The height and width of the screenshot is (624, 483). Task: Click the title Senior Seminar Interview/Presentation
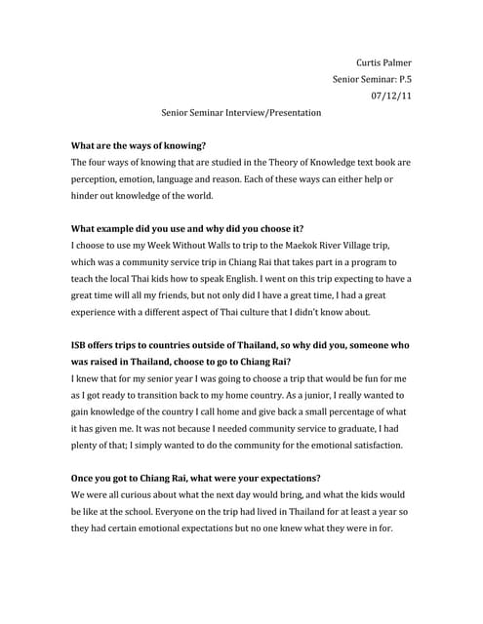[x=241, y=113]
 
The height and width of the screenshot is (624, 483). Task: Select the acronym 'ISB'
[x=82, y=346]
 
